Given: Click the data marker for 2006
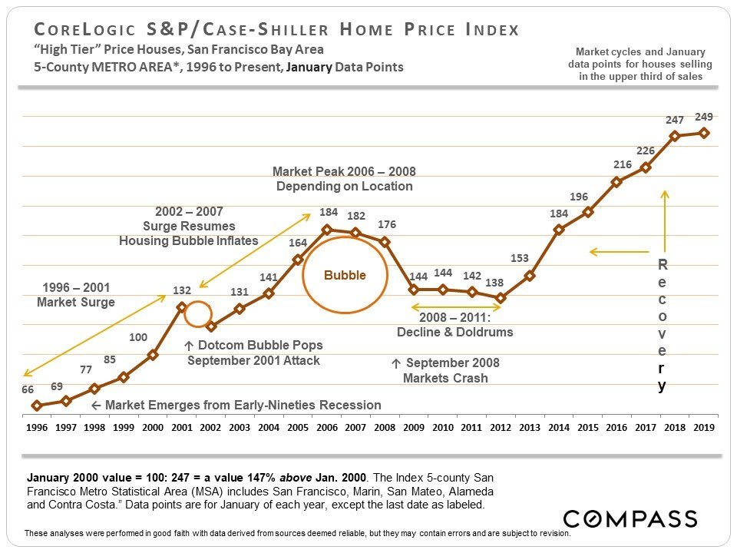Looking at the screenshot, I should click(327, 229).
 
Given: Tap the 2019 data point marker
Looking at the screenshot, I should click(704, 132).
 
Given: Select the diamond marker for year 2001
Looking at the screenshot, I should click(182, 306).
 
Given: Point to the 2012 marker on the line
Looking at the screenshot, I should click(501, 298).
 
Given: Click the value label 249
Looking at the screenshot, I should click(704, 117).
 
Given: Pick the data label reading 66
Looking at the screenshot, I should click(28, 389).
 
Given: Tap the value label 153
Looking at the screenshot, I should click(520, 258).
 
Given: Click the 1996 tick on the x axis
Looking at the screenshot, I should click(36, 427).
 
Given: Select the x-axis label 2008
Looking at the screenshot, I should click(385, 427).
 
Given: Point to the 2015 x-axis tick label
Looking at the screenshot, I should click(588, 427).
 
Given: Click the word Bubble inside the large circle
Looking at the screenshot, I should click(345, 275).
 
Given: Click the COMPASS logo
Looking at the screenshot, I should click(630, 518).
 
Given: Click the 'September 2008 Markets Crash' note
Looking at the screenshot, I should click(445, 370).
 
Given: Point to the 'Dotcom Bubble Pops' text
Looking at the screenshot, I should click(254, 346).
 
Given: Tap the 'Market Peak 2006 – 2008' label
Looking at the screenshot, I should click(344, 171).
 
